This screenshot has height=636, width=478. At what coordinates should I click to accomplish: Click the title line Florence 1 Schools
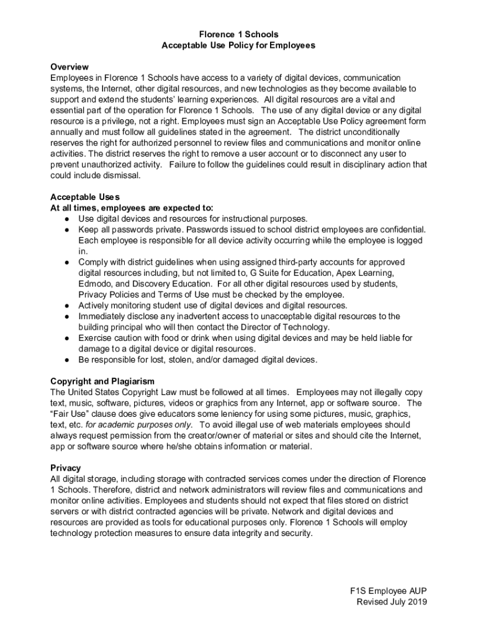(x=238, y=34)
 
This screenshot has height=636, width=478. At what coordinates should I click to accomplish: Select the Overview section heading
(x=70, y=66)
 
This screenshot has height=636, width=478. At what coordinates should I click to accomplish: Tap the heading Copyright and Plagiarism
(x=102, y=381)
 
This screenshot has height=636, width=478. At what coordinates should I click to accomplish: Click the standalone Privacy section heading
(x=65, y=468)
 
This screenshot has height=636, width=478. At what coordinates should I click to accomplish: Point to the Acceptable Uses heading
(x=85, y=197)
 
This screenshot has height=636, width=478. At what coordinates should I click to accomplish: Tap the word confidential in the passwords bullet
(x=398, y=229)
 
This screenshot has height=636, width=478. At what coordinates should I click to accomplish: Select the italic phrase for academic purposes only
(x=139, y=424)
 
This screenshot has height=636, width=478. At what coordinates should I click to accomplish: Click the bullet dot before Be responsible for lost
(x=66, y=360)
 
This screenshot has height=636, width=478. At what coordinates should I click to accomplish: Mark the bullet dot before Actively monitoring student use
(x=66, y=306)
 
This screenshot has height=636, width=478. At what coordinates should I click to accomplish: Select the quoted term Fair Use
(x=73, y=414)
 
